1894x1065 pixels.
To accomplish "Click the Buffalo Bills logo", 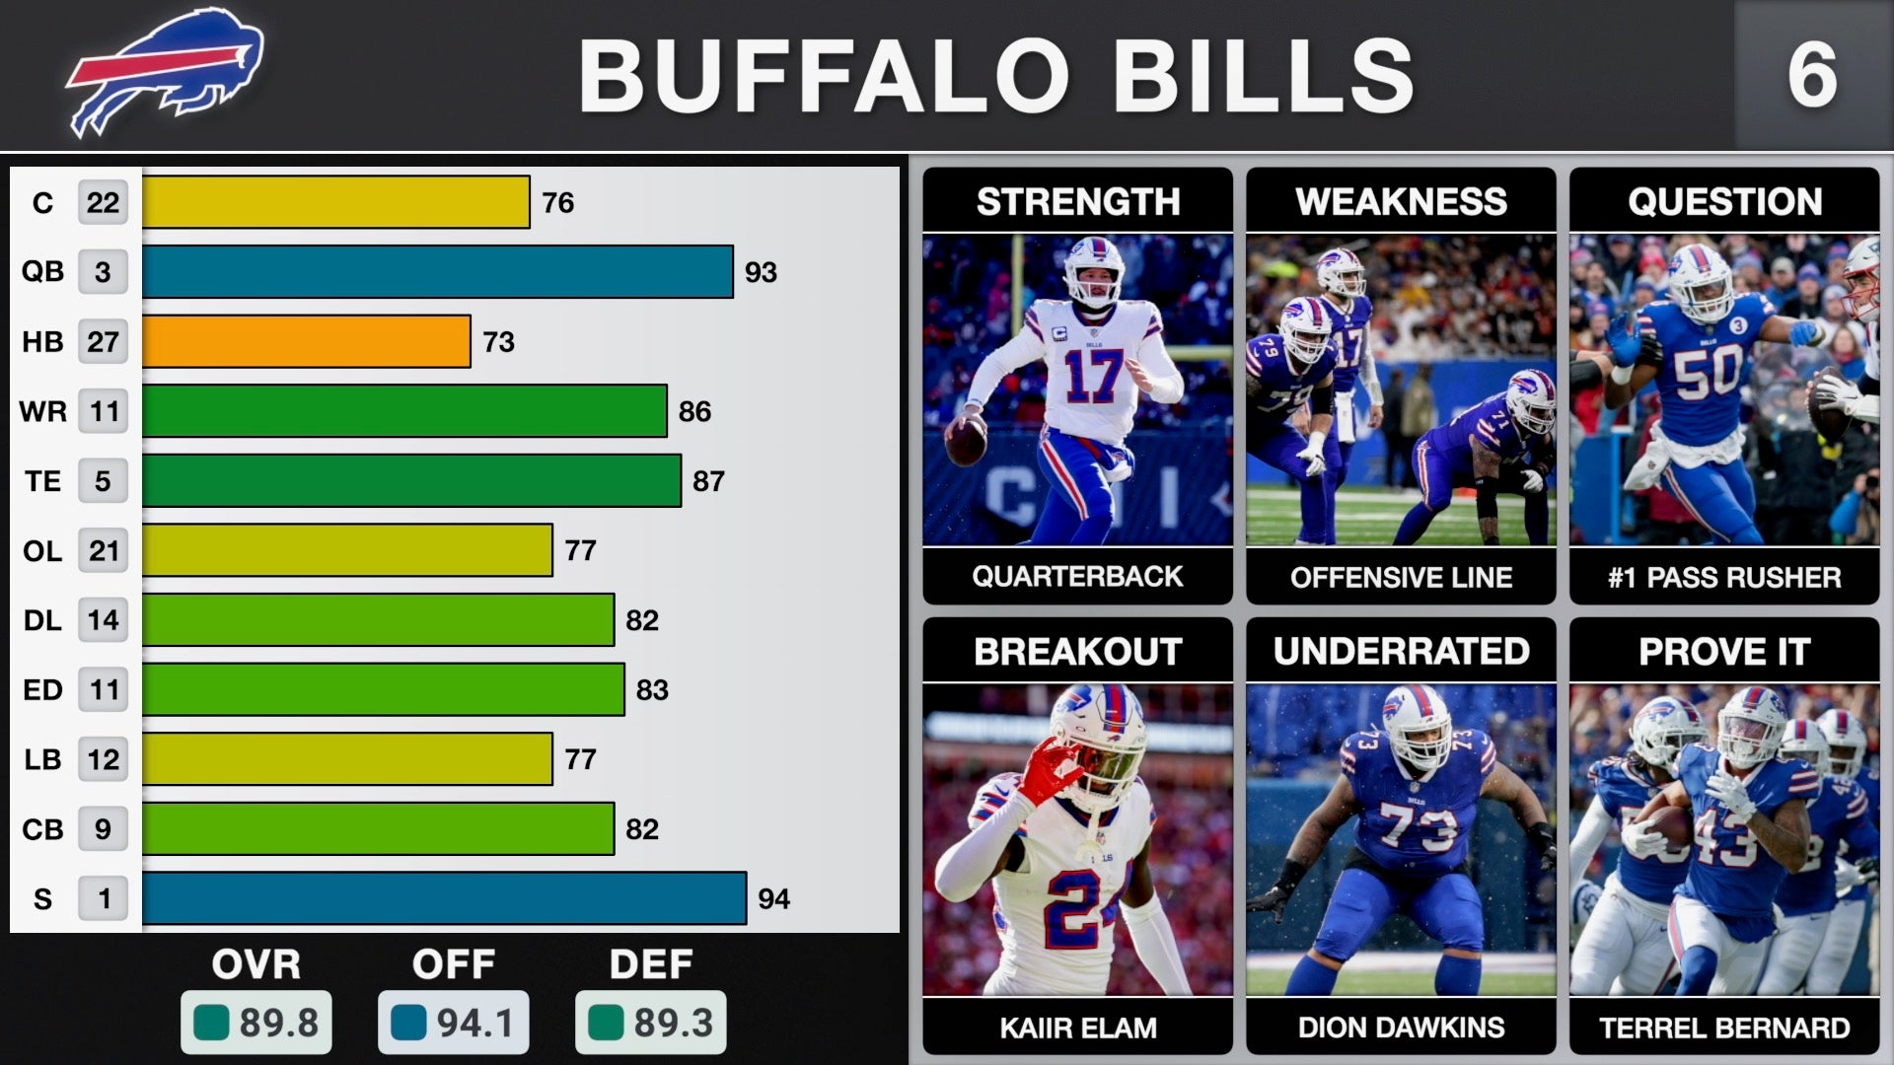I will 166,71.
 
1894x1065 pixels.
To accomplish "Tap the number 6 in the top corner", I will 1812,75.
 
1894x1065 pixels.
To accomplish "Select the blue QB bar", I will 437,271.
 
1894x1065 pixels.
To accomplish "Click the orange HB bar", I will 306,341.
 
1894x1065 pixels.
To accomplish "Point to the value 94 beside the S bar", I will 773,899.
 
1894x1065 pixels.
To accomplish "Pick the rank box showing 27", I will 103,341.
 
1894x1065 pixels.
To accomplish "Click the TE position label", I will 42,481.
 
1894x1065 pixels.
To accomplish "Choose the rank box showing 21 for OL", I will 103,550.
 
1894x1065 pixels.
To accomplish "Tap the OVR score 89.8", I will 256,1023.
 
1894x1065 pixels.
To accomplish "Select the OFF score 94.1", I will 454,1023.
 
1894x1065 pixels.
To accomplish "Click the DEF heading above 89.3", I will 651,963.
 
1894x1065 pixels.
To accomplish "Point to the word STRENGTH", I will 1077,201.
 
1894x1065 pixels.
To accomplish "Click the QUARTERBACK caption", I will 1077,576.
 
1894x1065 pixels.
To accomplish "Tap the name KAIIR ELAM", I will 1077,1028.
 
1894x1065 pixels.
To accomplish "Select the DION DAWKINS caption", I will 1401,1028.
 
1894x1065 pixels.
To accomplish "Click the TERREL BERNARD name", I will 1724,1028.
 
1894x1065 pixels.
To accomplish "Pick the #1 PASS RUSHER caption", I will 1724,577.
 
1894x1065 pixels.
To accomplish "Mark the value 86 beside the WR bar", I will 694,411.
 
